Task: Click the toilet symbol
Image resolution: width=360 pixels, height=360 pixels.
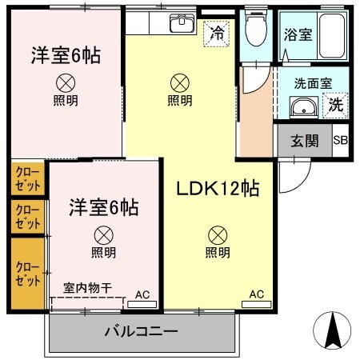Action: point(256,30)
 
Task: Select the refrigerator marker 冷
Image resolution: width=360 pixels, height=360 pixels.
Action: point(217,34)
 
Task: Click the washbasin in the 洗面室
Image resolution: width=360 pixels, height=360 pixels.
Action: point(302,108)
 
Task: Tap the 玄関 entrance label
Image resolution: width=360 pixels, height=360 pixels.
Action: point(305,142)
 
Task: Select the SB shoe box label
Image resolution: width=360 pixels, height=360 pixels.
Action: point(340,142)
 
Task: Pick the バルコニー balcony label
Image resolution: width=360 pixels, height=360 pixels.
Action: point(142,331)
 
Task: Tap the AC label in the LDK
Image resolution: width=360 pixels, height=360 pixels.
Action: point(256,294)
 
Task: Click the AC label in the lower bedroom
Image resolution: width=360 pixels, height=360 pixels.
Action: point(142,294)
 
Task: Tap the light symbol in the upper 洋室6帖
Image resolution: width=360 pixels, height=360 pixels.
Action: point(65,82)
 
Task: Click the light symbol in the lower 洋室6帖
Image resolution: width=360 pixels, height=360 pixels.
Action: point(102,234)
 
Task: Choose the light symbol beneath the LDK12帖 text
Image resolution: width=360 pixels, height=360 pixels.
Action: point(218,234)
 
